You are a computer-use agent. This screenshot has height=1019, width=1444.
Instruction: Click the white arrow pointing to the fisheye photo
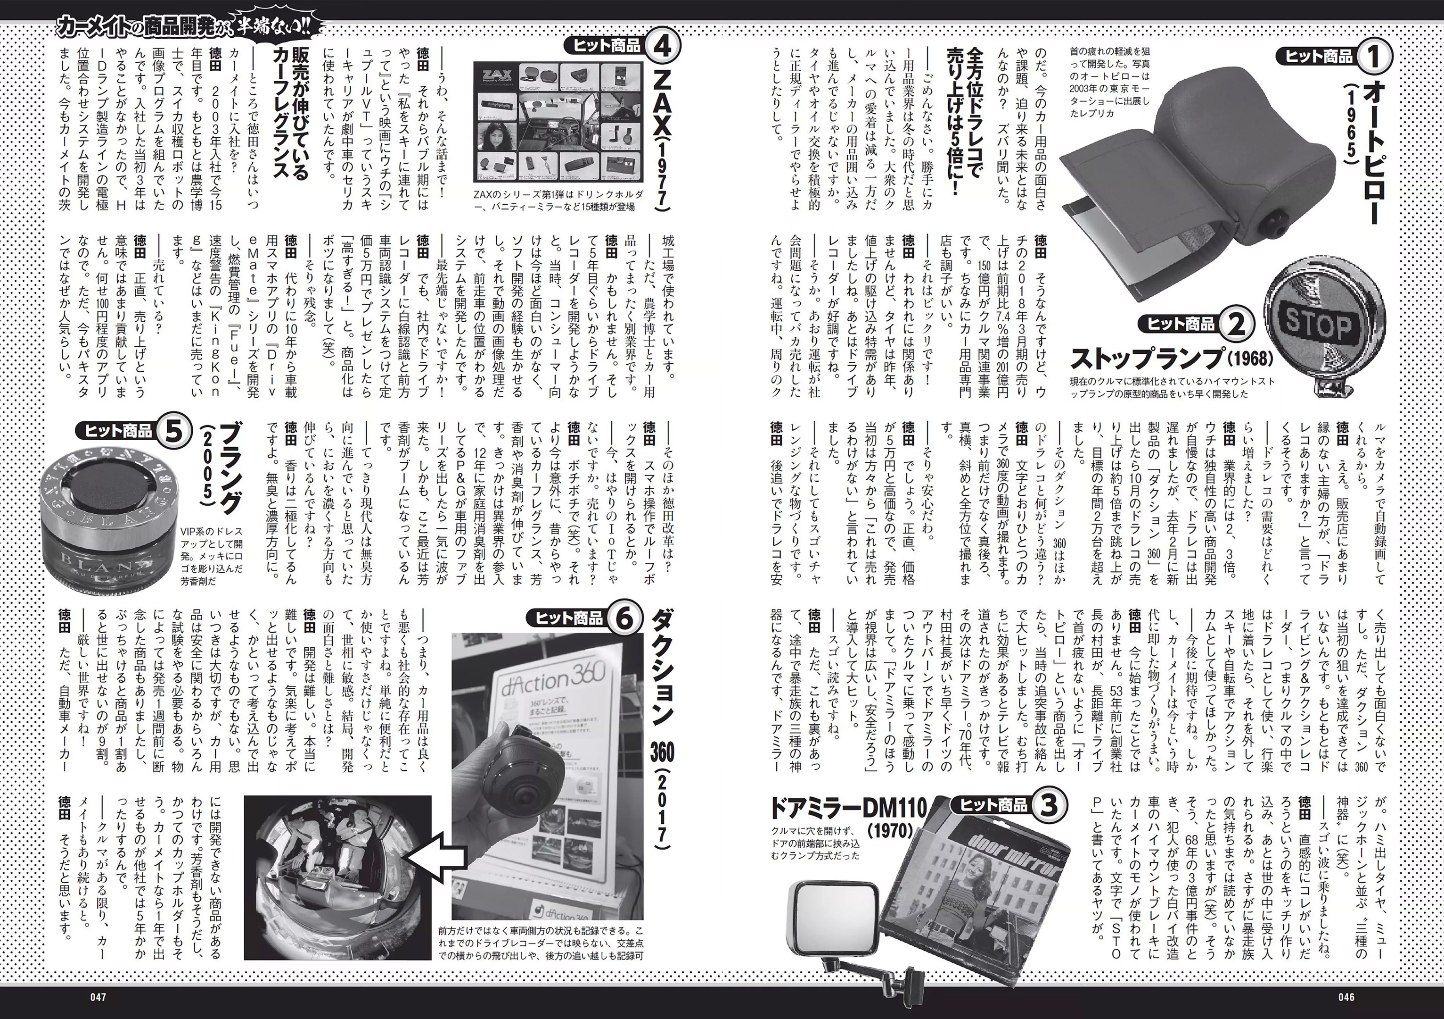[x=434, y=857]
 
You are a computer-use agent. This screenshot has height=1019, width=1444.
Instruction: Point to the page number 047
[x=98, y=997]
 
